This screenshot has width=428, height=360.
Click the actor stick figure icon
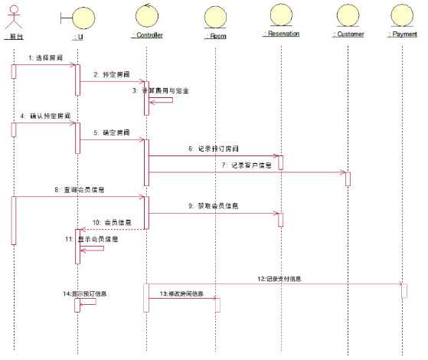pyautogui.click(x=13, y=16)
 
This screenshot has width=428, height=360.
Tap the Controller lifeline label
pyautogui.click(x=148, y=35)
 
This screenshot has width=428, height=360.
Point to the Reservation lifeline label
pyautogui.click(x=280, y=34)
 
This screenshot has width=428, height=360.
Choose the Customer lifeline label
pyautogui.click(x=348, y=34)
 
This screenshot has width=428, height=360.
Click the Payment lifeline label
pyautogui.click(x=403, y=34)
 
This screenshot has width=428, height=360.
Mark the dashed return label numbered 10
pyautogui.click(x=107, y=222)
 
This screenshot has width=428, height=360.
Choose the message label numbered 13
pyautogui.click(x=181, y=293)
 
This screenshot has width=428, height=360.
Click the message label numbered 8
pyautogui.click(x=80, y=188)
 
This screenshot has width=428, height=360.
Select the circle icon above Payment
pyautogui.click(x=403, y=15)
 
